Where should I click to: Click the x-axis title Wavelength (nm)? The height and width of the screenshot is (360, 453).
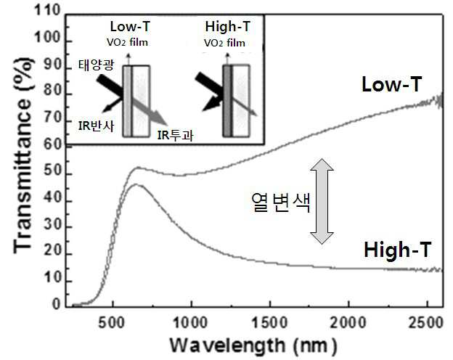pyautogui.click(x=253, y=345)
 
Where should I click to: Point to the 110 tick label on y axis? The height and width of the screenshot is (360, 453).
pyautogui.click(x=46, y=11)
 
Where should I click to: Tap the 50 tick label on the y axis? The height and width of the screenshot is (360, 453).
pyautogui.click(x=52, y=171)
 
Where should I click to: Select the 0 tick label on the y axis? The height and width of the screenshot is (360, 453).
pyautogui.click(x=57, y=304)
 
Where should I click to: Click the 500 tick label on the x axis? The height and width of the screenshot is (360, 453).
pyautogui.click(x=112, y=322)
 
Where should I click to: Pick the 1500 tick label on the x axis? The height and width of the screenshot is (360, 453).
pyautogui.click(x=270, y=322)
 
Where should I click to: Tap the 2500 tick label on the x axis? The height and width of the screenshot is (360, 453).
pyautogui.click(x=426, y=322)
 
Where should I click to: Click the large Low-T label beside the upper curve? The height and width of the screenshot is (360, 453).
pyautogui.click(x=392, y=84)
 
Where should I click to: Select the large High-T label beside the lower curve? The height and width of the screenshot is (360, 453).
pyautogui.click(x=398, y=250)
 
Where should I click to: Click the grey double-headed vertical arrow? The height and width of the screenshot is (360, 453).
pyautogui.click(x=322, y=201)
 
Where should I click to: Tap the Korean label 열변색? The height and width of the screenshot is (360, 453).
pyautogui.click(x=281, y=202)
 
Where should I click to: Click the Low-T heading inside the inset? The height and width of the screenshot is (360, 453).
pyautogui.click(x=130, y=27)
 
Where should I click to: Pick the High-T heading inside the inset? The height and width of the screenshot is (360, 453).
pyautogui.click(x=227, y=27)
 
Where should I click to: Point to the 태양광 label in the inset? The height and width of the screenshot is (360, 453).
pyautogui.click(x=97, y=65)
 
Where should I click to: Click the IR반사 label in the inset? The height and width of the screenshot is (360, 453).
pyautogui.click(x=96, y=126)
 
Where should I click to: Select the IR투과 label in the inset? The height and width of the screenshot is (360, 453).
pyautogui.click(x=176, y=135)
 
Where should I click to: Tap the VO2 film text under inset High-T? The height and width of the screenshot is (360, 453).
pyautogui.click(x=225, y=43)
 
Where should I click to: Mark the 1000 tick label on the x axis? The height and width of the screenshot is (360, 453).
pyautogui.click(x=190, y=322)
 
